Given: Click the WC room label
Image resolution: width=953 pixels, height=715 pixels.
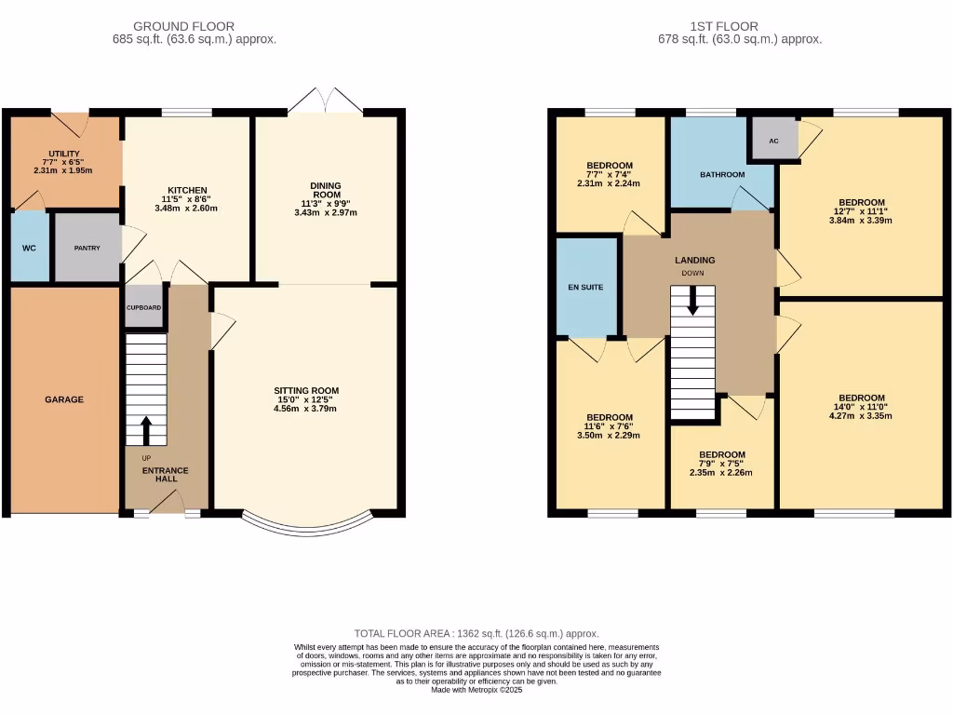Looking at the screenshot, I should point(28,249).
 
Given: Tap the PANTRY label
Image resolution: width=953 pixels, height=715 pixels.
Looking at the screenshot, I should point(87,249).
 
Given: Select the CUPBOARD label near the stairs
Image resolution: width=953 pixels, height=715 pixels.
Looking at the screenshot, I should point(144,307).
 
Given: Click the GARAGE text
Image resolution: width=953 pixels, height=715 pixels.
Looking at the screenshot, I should point(64,399).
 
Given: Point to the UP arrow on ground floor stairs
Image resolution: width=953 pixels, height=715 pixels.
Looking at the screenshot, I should point(146,429).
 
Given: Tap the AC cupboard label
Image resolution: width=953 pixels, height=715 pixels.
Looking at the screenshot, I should point(773,141).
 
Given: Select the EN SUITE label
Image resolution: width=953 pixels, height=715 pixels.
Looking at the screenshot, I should point(586,287).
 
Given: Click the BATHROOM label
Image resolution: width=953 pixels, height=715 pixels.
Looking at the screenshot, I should point(722,174).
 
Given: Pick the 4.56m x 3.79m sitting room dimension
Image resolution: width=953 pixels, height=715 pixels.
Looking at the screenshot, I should point(305,408).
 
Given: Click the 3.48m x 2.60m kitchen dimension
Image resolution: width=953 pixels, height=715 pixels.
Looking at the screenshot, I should point(186,209).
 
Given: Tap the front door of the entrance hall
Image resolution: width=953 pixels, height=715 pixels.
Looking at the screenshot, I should point(168,503).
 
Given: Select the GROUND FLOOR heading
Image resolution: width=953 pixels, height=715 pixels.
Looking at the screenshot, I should point(183,26).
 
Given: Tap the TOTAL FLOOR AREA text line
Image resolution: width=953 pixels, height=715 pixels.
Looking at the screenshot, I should point(476,633).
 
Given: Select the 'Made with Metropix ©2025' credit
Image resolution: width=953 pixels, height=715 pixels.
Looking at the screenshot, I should point(476,689).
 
